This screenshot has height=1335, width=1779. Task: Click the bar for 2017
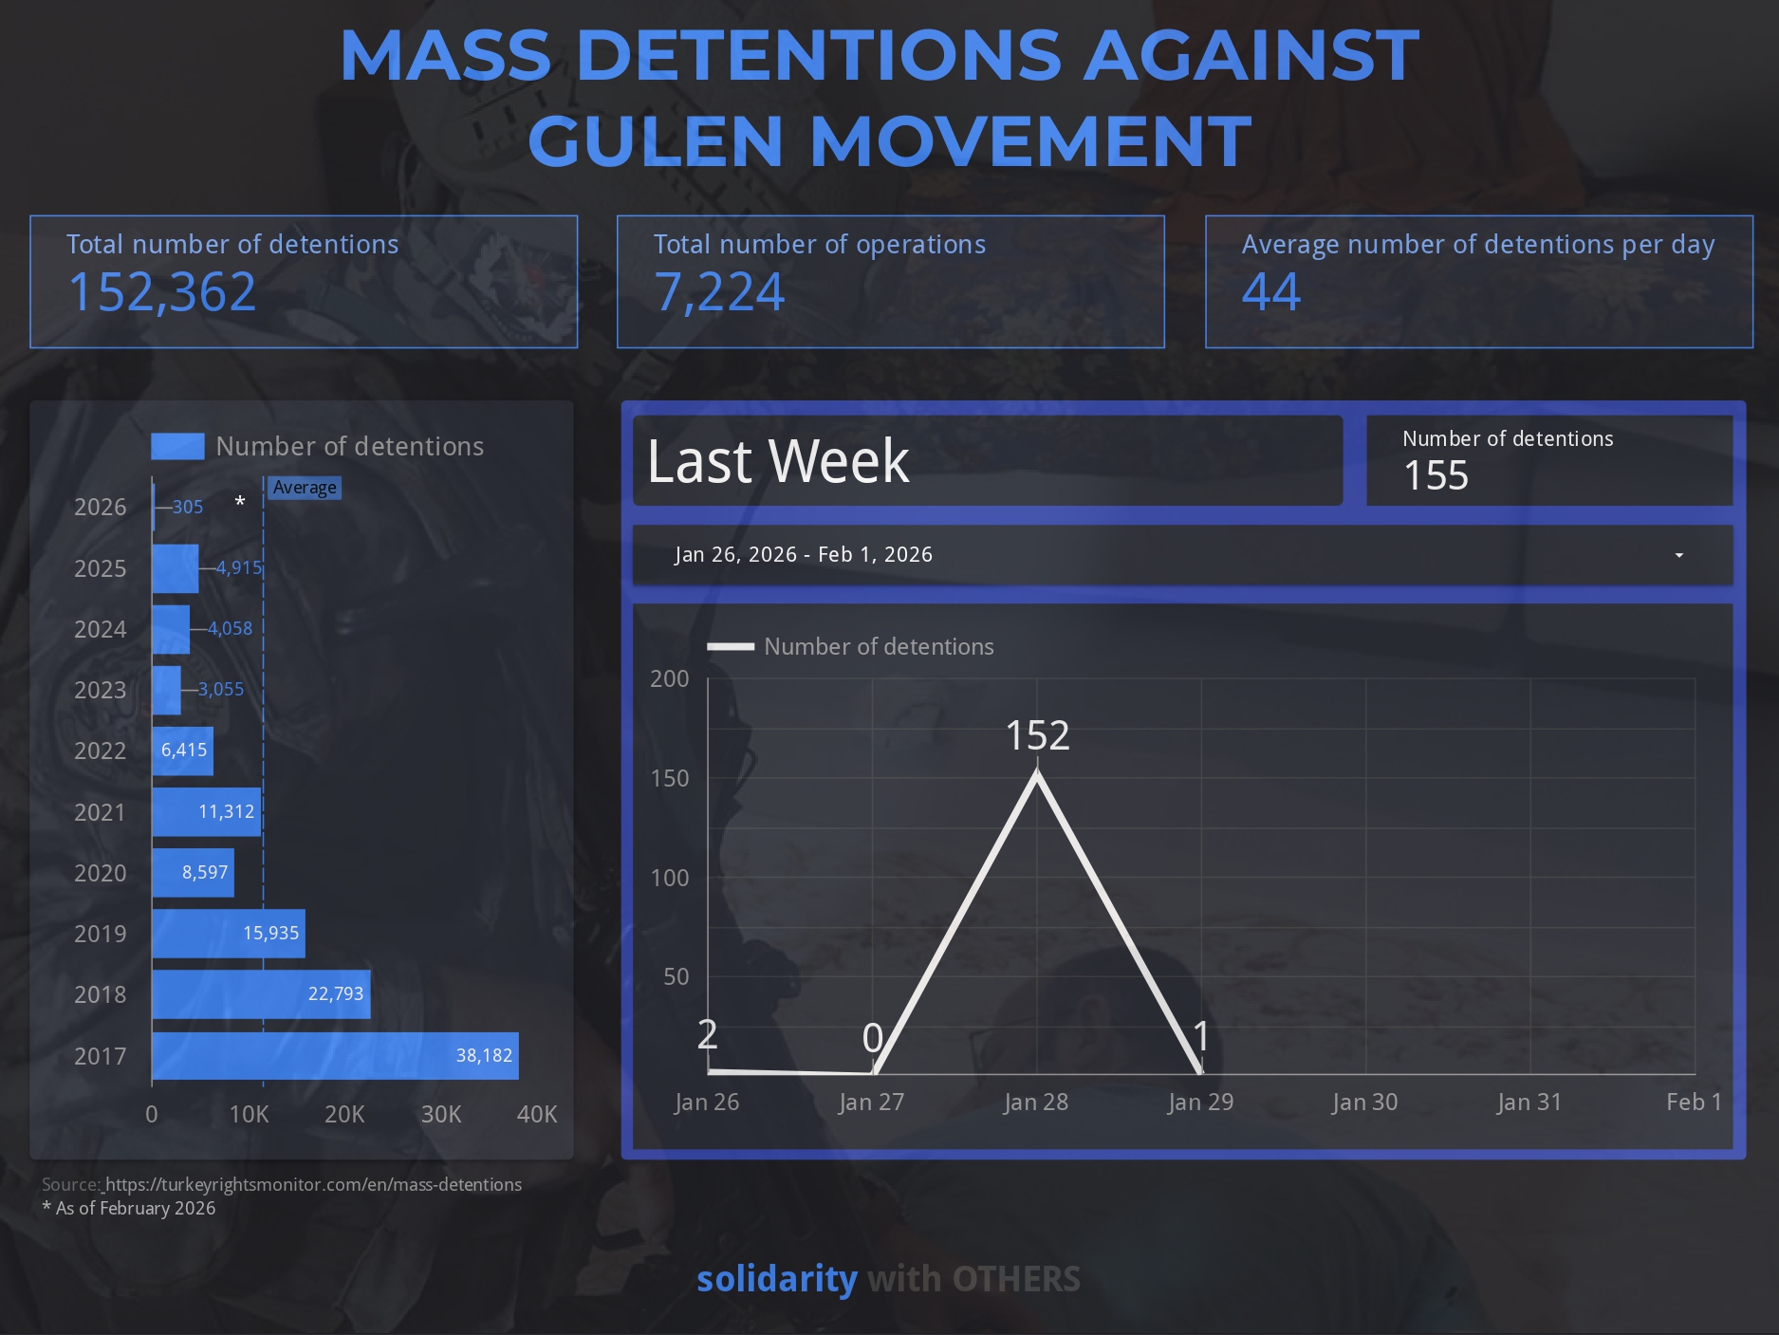[334, 1055]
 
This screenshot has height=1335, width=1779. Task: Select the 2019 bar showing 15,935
[228, 934]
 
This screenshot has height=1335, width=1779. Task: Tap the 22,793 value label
[336, 993]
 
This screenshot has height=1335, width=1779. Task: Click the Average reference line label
[305, 488]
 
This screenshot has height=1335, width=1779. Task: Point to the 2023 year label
[100, 690]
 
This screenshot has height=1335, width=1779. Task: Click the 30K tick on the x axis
[441, 1114]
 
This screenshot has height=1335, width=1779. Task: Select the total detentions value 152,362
[162, 291]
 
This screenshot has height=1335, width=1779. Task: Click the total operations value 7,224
[719, 291]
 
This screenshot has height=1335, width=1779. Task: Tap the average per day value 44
[1271, 291]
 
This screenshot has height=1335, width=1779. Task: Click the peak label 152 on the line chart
[1037, 735]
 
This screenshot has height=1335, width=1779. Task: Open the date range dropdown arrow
[1678, 555]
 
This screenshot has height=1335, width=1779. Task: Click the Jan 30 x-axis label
[1364, 1102]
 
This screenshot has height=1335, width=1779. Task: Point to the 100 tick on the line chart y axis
[670, 878]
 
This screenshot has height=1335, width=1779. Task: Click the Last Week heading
[778, 461]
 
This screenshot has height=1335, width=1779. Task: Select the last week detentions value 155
[1436, 475]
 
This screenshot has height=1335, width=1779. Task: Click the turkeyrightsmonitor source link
[313, 1184]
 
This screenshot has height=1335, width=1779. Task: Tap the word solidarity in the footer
[777, 1279]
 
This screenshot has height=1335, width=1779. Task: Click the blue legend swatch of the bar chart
[177, 446]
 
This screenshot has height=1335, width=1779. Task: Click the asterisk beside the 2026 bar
[240, 502]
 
